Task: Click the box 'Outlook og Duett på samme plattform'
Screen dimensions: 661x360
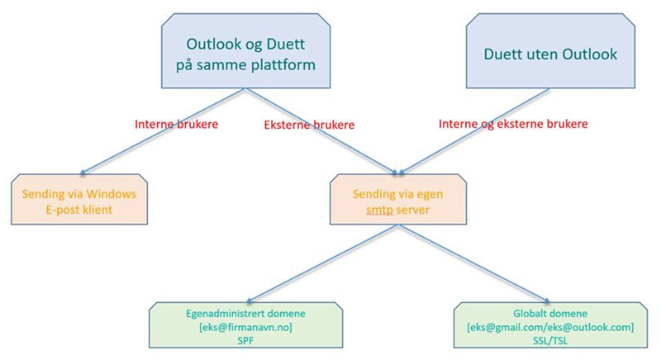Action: (x=245, y=51)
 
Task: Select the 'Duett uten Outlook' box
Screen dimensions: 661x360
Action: (x=550, y=51)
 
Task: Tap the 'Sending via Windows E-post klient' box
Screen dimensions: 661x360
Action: (x=79, y=199)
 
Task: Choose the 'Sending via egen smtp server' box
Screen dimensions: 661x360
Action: (x=398, y=199)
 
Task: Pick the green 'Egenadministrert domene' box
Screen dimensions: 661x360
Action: (x=245, y=325)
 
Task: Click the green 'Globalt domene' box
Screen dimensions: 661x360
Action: (x=550, y=325)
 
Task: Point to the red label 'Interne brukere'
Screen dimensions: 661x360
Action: (x=177, y=124)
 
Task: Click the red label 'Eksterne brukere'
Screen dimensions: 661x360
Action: (x=309, y=125)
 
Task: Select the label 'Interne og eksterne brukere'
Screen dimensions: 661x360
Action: (x=513, y=124)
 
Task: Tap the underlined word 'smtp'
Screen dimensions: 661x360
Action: (x=379, y=210)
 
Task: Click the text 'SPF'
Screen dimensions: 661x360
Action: (x=245, y=340)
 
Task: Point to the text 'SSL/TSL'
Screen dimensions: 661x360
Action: (x=550, y=340)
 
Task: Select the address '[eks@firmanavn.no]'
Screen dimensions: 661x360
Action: (x=245, y=327)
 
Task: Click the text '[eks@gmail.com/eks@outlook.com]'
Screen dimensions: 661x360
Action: (x=550, y=327)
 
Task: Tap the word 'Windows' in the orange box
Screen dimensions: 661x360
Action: (x=112, y=194)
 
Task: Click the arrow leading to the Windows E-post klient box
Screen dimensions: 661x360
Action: (x=163, y=131)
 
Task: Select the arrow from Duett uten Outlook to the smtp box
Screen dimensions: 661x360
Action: (x=474, y=131)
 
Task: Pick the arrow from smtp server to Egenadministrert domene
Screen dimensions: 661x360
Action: (x=322, y=263)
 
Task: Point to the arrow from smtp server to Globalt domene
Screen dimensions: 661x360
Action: (x=474, y=263)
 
